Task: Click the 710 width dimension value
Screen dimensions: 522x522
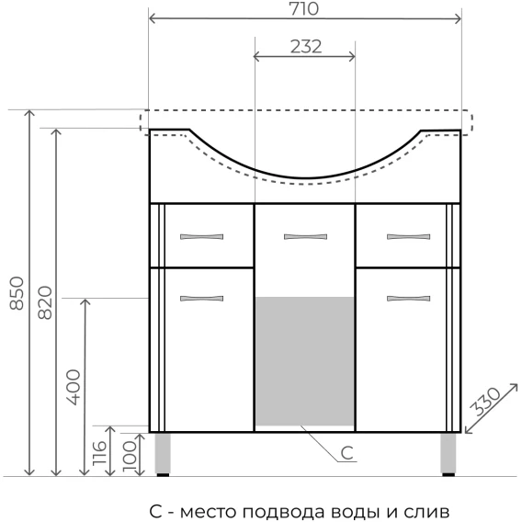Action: [304, 9]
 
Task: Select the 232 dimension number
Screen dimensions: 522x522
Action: [306, 47]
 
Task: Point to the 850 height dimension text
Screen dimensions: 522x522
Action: [17, 293]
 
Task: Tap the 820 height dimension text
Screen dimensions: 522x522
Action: [45, 303]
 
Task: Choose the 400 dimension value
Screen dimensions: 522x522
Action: [74, 387]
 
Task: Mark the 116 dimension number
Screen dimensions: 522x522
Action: [99, 453]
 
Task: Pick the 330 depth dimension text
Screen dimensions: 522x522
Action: [486, 402]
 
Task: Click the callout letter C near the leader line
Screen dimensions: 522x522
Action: [346, 453]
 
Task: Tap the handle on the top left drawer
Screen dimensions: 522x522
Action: [202, 237]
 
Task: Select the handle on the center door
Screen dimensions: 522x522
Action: [306, 237]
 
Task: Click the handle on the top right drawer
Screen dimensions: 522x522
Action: [408, 237]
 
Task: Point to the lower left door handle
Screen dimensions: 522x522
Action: [202, 299]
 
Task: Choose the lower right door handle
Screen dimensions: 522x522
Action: [408, 299]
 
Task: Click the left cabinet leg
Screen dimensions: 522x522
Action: [163, 454]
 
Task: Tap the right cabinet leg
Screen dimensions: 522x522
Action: [448, 454]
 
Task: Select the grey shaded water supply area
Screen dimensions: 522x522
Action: [304, 361]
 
